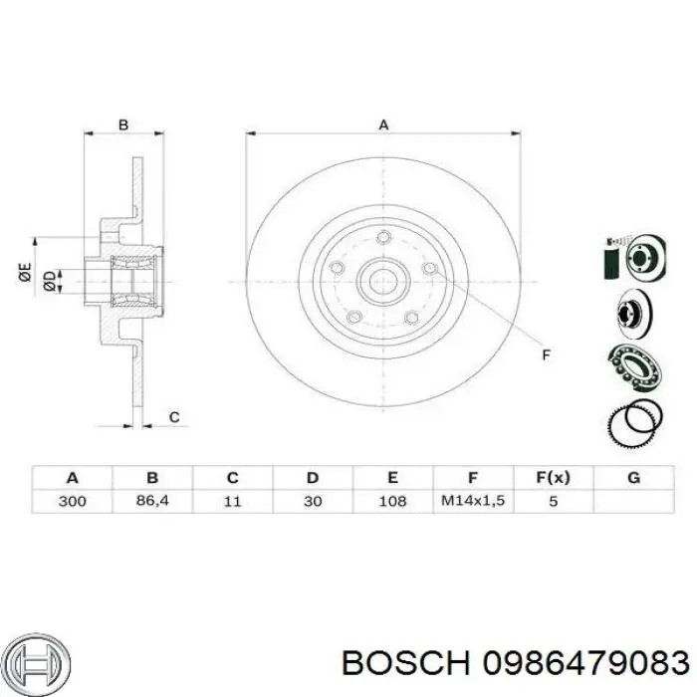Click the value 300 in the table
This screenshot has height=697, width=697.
[72, 501]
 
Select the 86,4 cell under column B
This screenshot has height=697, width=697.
[152, 501]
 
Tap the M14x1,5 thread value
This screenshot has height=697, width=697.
[473, 501]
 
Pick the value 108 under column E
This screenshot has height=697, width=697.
[392, 501]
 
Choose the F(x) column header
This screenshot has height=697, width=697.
[553, 477]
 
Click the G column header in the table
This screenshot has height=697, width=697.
[633, 477]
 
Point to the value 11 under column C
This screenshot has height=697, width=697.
[232, 501]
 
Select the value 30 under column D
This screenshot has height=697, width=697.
[313, 501]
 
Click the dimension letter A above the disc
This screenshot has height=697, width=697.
[383, 124]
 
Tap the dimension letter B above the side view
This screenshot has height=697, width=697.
[123, 124]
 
